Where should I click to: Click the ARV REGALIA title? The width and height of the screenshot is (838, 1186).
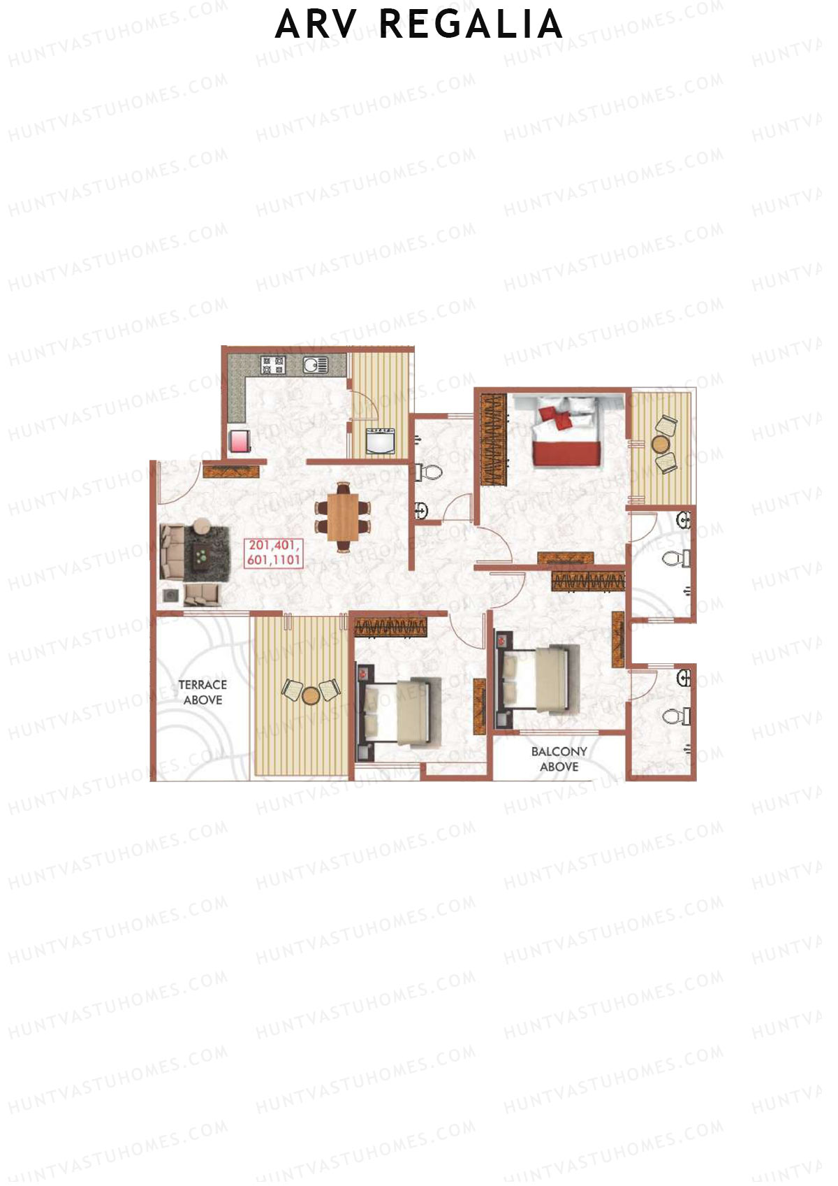tap(419, 25)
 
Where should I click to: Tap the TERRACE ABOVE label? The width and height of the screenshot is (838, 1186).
tap(203, 692)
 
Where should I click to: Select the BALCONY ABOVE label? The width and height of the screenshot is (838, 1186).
tap(559, 758)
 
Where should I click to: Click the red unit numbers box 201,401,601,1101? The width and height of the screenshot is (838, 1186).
tap(274, 552)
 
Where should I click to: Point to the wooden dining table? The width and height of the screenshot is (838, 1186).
tap(342, 517)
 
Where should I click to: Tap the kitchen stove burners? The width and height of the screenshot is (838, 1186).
tap(272, 364)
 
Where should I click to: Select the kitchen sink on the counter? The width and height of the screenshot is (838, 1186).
tap(315, 364)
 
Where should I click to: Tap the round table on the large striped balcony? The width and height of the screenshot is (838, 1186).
tap(311, 694)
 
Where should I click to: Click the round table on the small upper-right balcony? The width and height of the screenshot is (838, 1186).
tap(660, 444)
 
